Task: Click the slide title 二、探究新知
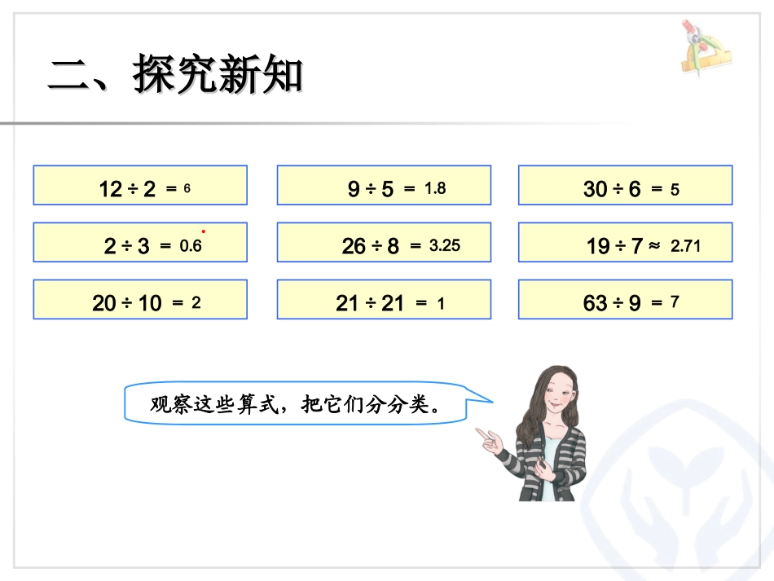[x=175, y=75]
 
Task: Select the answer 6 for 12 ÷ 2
[x=187, y=188]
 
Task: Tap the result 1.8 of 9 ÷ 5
[x=435, y=188]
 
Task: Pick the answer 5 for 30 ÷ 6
[x=675, y=189]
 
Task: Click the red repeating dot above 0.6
[x=203, y=231]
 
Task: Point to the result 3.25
[x=445, y=244]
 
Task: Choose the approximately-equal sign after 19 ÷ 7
[x=654, y=244]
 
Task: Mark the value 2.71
[x=685, y=244]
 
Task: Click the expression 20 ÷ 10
[x=127, y=303]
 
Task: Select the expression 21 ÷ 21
[x=370, y=303]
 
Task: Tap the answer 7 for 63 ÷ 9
[x=675, y=302]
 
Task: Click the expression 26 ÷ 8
[x=371, y=245]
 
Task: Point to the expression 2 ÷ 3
[x=127, y=246]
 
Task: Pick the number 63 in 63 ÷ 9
[x=596, y=303]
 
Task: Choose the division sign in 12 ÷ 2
[x=134, y=190]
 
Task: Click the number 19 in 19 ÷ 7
[x=598, y=245]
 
